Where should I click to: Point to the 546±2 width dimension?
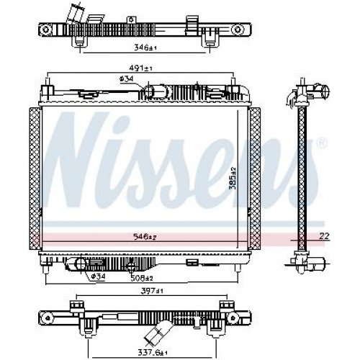pyautogui.click(x=147, y=236)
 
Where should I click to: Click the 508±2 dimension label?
pyautogui.click(x=141, y=277)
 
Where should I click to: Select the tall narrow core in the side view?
pyautogui.click(x=302, y=176)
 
